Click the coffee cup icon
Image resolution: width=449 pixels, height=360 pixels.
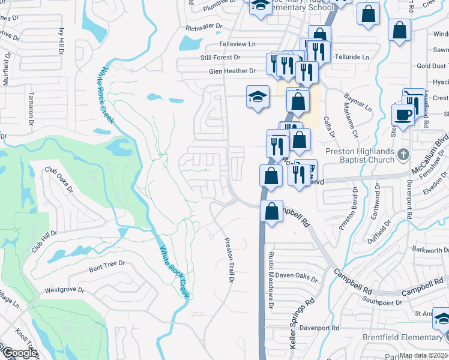tap(402, 114)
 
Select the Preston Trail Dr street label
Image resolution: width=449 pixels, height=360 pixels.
tap(229, 260)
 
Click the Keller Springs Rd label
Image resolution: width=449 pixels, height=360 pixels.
tap(302, 325)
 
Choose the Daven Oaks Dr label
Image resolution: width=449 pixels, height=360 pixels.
tap(296, 276)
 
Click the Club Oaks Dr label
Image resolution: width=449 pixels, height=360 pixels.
tap(59, 179)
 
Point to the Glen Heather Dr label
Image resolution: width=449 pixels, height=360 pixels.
tap(232, 71)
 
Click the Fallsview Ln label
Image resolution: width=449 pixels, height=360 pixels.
tap(237, 44)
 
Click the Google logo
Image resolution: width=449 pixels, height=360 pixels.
tap(19, 353)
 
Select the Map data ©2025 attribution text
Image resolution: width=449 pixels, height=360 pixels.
tap(423, 355)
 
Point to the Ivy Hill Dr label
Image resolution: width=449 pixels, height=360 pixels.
tap(61, 40)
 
